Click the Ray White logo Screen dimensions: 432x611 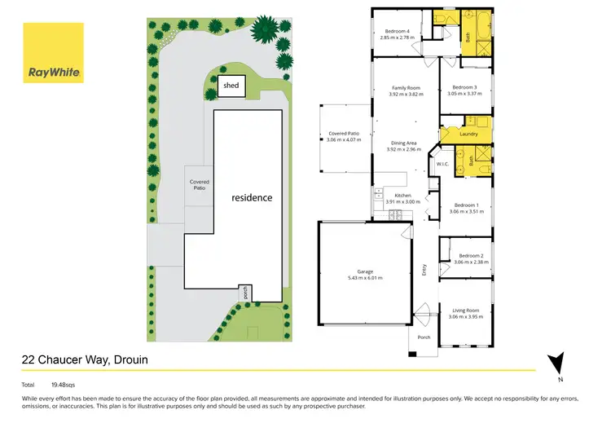tap(53, 54)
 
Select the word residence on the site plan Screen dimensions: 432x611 tap(252, 197)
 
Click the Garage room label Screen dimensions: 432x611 tap(364, 271)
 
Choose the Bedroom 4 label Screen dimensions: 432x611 tap(397, 33)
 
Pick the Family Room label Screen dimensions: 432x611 tap(406, 87)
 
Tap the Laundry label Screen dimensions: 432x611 tap(468, 134)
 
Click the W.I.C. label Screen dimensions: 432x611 tap(443, 164)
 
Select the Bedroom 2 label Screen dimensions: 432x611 tap(472, 256)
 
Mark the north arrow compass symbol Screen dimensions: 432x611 tap(556, 361)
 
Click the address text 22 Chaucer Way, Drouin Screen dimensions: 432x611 tap(84, 359)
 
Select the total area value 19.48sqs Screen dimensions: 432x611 tap(64, 382)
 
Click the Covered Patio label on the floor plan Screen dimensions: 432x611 tap(343, 134)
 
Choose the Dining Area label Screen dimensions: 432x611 tap(406, 143)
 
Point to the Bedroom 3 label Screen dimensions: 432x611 tap(465, 87)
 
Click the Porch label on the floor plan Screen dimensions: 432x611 tap(424, 337)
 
